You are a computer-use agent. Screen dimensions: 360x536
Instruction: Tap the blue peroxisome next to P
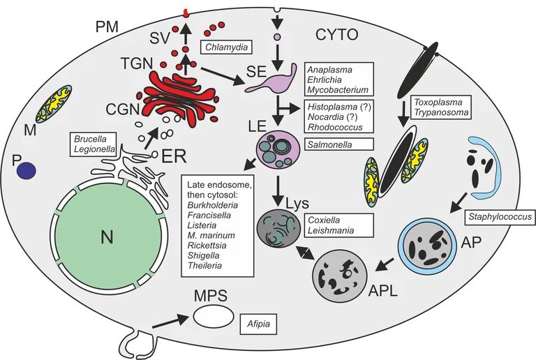click(x=27, y=170)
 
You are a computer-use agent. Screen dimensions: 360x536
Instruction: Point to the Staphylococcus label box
click(x=500, y=217)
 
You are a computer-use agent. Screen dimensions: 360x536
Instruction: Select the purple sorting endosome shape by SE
click(x=269, y=82)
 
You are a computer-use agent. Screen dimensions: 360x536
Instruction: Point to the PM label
click(x=106, y=27)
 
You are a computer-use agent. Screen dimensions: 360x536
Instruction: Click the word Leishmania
click(x=332, y=230)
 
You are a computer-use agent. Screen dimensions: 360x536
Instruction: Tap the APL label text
click(x=384, y=292)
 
